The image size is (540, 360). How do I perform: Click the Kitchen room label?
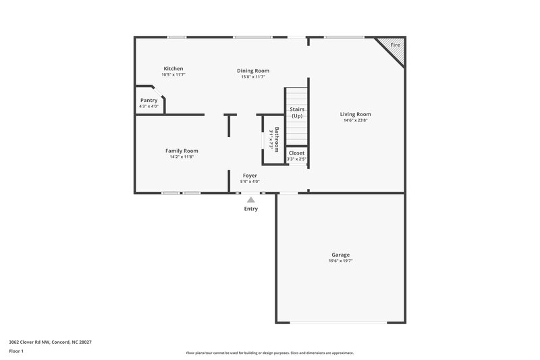click(173, 68)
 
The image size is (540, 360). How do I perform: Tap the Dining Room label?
click(253, 70)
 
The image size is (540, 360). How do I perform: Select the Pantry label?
click(148, 100)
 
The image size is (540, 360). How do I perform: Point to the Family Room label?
click(182, 151)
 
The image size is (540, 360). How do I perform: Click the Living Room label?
click(355, 114)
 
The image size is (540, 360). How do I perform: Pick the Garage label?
click(340, 255)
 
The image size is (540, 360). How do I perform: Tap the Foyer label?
click(250, 175)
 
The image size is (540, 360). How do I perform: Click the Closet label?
click(296, 153)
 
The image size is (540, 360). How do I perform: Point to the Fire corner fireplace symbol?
click(394, 47)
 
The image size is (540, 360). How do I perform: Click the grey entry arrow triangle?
click(250, 200)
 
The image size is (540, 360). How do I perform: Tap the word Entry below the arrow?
click(250, 209)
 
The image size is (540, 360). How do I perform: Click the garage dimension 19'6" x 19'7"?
click(340, 261)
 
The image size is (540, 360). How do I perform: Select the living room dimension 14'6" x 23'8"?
click(355, 121)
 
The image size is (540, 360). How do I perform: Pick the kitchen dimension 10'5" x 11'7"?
click(173, 75)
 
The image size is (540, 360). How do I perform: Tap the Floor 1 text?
click(16, 351)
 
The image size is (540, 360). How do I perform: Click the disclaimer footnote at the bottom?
click(270, 353)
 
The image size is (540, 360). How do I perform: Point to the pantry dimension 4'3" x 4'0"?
click(148, 106)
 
